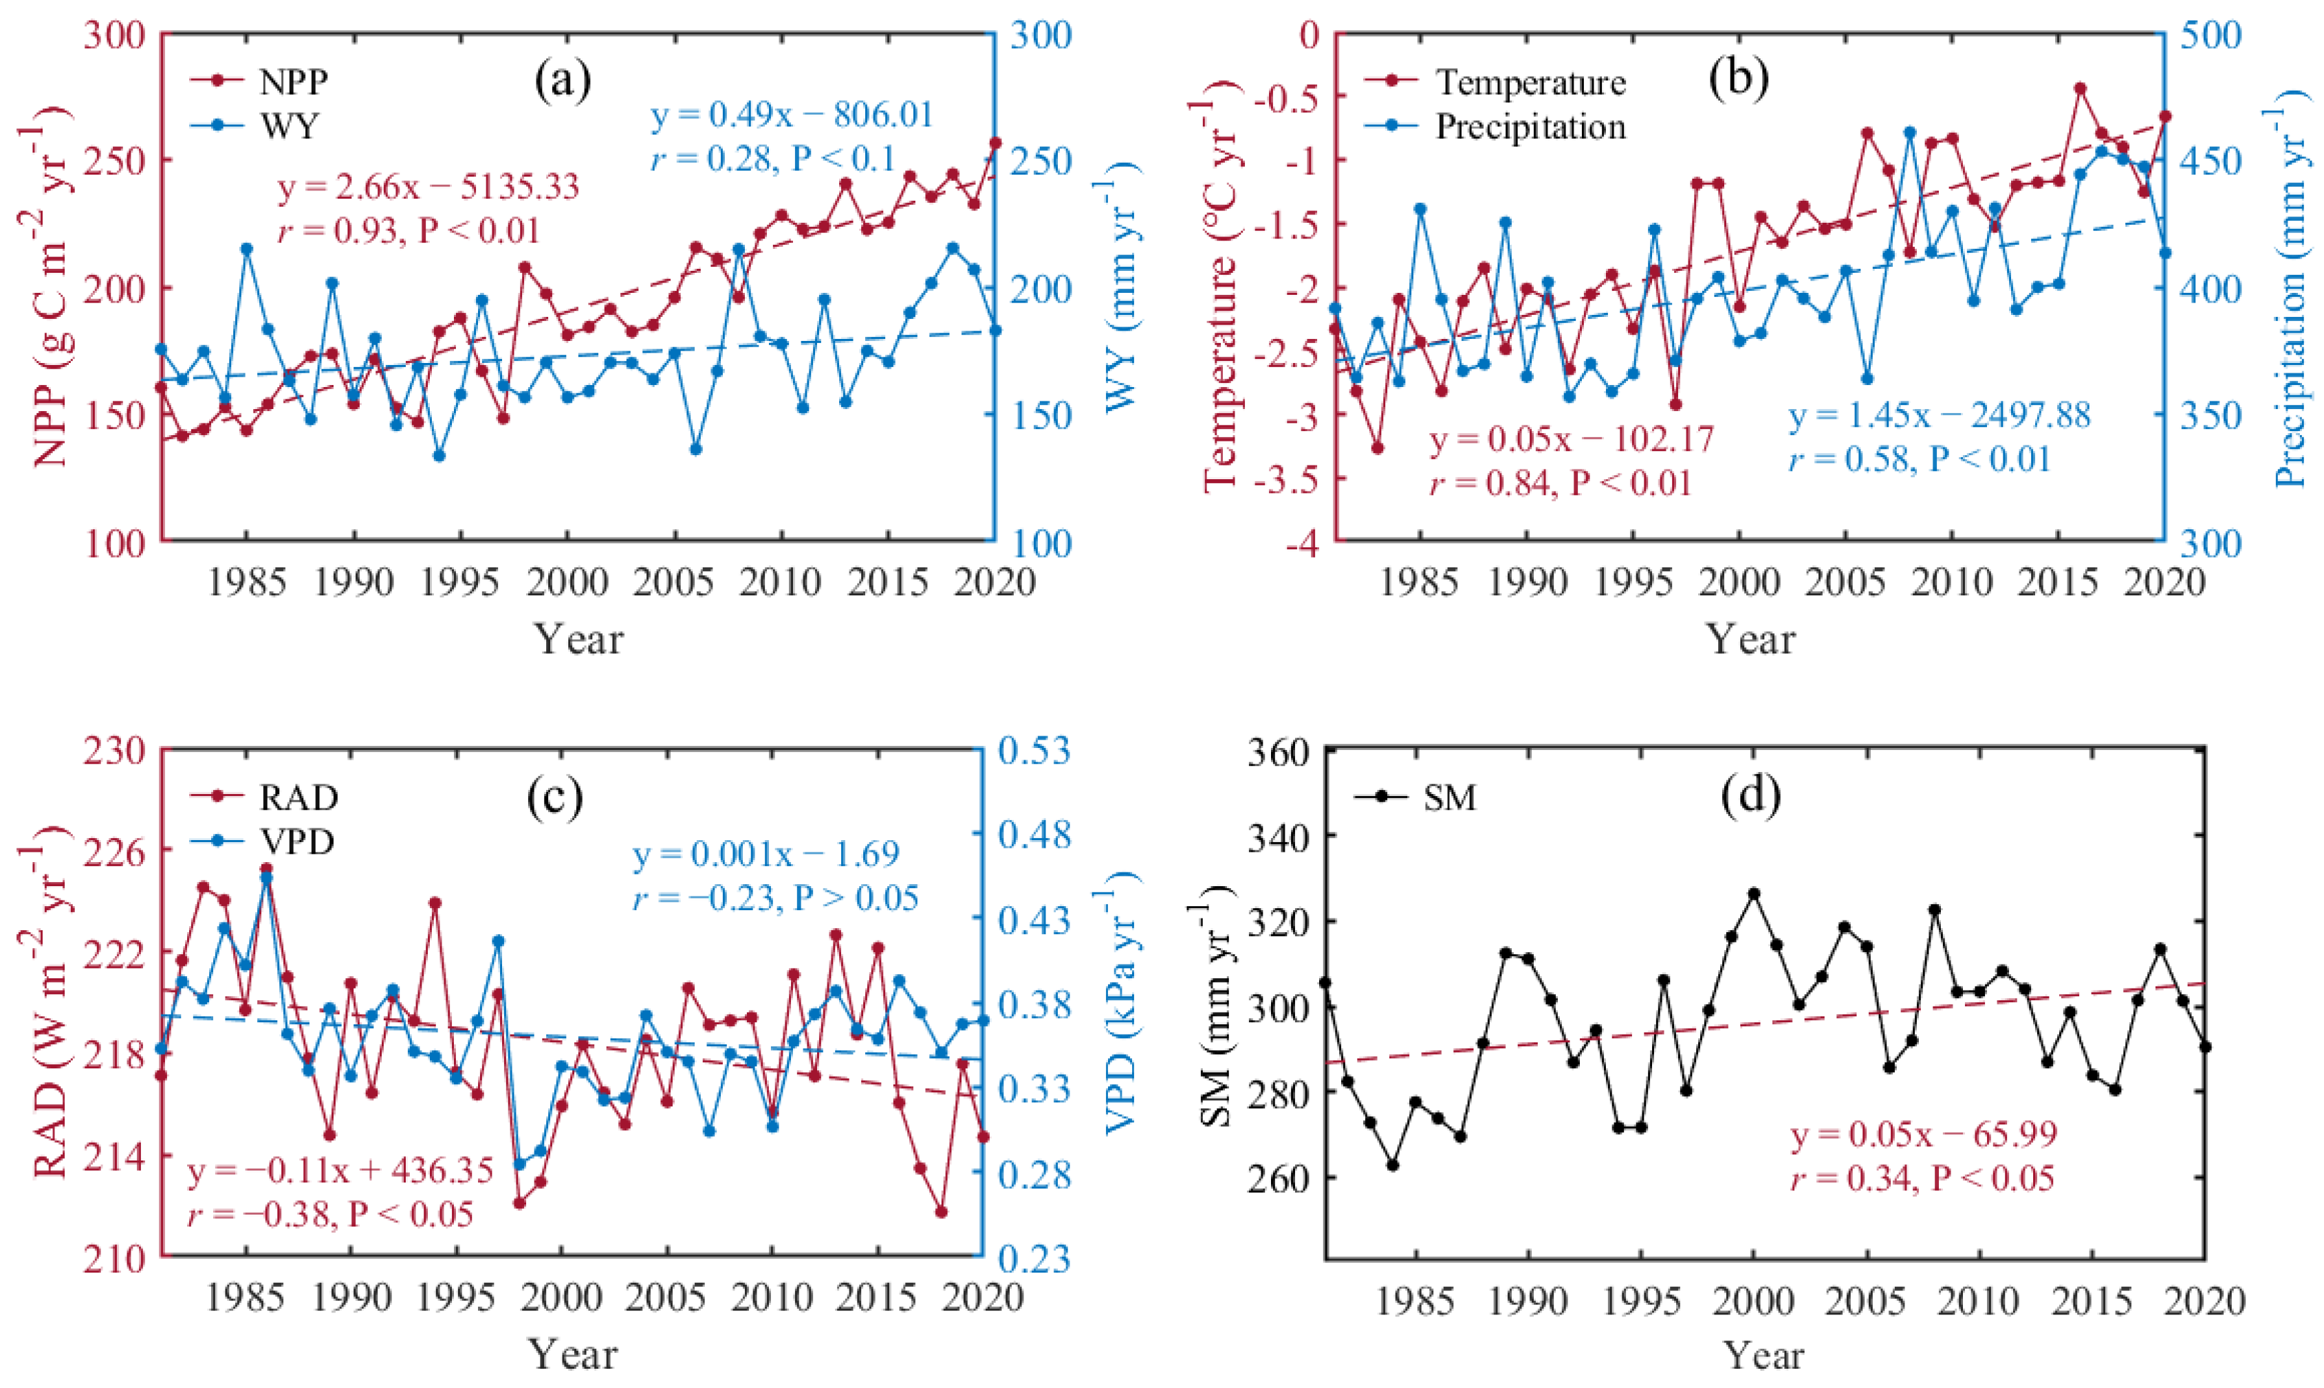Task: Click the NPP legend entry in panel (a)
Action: (x=258, y=81)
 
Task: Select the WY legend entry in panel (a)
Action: (x=254, y=125)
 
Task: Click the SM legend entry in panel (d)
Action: (x=1415, y=798)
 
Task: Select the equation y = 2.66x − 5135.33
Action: (x=428, y=186)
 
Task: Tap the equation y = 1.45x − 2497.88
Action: (x=1940, y=415)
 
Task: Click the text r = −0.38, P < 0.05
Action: (x=330, y=1214)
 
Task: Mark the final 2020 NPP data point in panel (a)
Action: (x=995, y=143)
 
